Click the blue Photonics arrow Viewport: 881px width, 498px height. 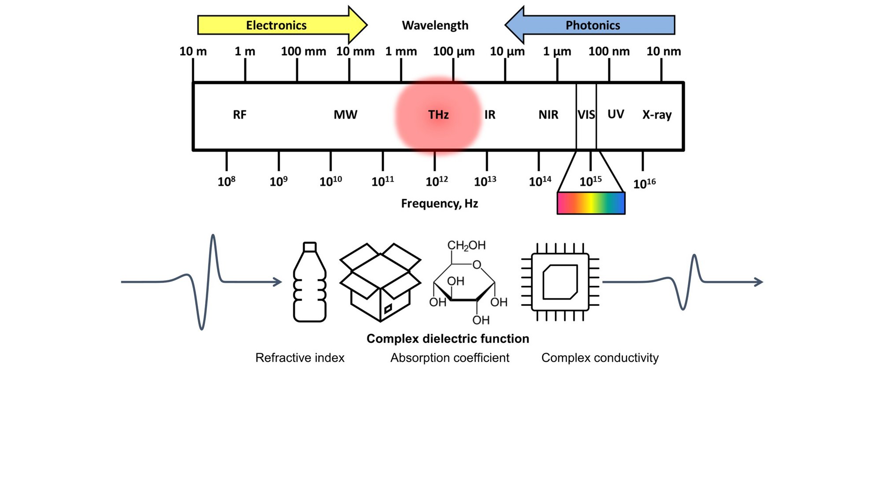[592, 25]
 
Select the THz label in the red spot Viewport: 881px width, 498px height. [438, 115]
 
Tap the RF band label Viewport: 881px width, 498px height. [240, 115]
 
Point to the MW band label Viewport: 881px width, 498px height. [345, 115]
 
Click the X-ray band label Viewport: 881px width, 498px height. [657, 115]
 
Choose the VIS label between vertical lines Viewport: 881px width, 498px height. [586, 115]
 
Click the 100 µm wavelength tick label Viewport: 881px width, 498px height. [454, 52]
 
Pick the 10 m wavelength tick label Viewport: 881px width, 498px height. [193, 52]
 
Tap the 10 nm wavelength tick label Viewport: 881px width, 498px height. [663, 52]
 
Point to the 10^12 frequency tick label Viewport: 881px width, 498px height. [437, 182]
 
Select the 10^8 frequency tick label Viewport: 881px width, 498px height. [226, 182]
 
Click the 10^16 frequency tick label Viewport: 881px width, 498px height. [644, 183]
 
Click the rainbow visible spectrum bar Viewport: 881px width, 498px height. [591, 204]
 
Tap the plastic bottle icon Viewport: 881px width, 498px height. [310, 282]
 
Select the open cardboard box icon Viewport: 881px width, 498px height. [380, 282]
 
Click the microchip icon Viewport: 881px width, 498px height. [560, 282]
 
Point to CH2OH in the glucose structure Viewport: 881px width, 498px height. [466, 245]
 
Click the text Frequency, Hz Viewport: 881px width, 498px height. [439, 204]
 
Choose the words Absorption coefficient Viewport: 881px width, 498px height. [450, 358]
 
